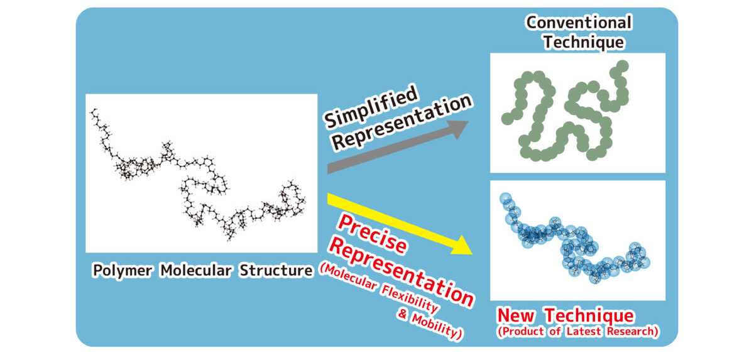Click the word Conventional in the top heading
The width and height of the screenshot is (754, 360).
coord(579,23)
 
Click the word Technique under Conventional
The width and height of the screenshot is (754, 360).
coord(584,42)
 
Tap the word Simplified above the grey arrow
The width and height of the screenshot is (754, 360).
coord(371,106)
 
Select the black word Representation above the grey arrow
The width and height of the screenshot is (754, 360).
coord(402,122)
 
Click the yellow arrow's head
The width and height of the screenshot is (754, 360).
coord(461,246)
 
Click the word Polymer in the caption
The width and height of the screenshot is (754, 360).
coord(122,271)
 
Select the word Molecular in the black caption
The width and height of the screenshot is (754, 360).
coord(196,271)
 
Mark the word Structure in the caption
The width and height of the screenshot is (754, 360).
coord(276,271)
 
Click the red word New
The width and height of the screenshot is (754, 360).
coord(516,315)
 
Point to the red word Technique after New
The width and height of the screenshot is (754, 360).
coord(589,316)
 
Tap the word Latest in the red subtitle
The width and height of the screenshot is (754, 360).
coord(584,331)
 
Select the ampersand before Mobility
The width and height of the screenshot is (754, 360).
coord(402,314)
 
